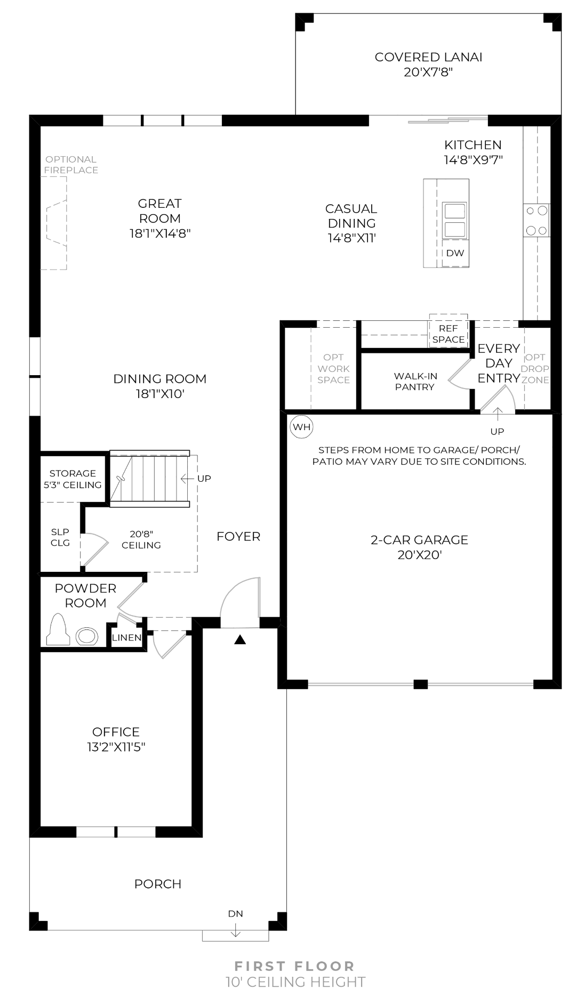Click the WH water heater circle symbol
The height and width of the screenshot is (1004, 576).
coord(301,427)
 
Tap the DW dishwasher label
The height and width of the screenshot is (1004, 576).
coord(455,253)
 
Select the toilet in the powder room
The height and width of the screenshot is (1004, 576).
coord(58,630)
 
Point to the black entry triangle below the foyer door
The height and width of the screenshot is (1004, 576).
coord(240,639)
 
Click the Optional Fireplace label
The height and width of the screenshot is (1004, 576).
coord(71,165)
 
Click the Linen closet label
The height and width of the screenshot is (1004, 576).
coord(126,638)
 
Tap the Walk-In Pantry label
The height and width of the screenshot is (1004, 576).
coord(415,382)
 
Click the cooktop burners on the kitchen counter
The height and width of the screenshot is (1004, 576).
coord(537,221)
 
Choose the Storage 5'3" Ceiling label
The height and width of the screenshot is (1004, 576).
coord(73,479)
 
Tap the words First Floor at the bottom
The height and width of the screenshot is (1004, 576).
coord(294,966)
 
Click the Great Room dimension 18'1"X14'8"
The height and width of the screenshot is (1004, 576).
coord(159,233)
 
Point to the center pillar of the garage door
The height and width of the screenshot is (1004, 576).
coord(420,684)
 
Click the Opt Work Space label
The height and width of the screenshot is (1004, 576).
coord(333,368)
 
